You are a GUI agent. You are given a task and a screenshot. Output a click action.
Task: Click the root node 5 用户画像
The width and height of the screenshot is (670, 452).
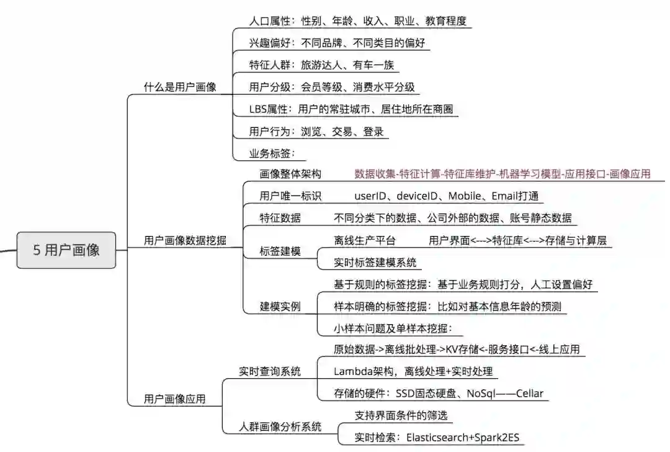coord(66,250)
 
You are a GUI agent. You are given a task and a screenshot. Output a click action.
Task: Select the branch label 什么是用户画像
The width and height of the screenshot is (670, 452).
coord(180,88)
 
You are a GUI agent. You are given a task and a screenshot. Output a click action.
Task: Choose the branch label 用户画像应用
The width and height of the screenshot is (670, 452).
coord(174,398)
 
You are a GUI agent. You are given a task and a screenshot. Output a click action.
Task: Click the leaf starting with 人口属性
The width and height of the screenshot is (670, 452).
coord(357,21)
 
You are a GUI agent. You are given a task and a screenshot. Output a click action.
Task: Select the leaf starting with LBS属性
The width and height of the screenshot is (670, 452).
coord(351,109)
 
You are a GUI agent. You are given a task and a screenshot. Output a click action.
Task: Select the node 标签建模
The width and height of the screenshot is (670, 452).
coord(280,251)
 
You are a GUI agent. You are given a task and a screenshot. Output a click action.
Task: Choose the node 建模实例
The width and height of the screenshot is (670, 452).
coord(280,307)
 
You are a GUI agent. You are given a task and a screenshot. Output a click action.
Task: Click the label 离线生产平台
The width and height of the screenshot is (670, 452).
coord(364,240)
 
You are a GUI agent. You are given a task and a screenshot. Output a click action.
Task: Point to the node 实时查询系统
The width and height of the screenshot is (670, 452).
coord(270,371)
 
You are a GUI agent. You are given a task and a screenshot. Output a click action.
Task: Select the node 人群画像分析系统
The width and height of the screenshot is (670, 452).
coord(281,427)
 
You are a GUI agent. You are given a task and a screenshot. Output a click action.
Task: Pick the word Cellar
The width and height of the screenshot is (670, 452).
coord(529,393)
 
